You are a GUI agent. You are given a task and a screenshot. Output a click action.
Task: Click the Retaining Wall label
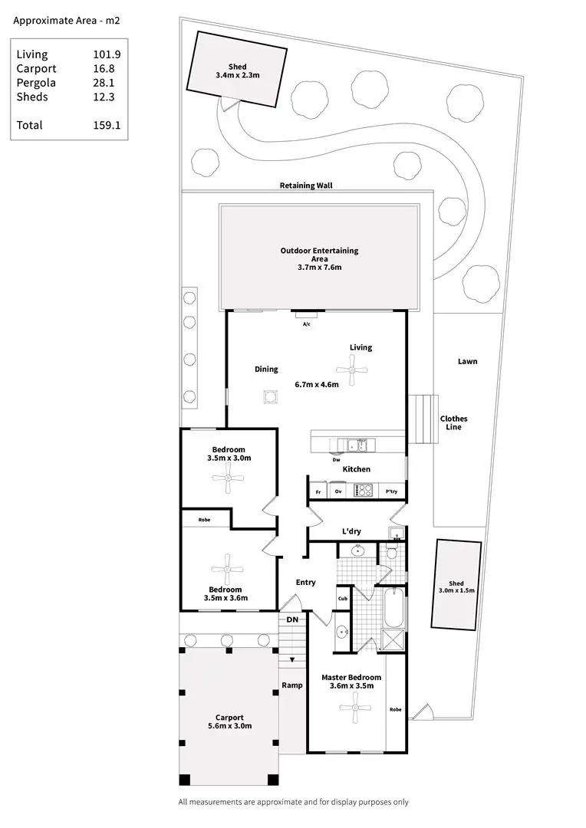[x=306, y=186]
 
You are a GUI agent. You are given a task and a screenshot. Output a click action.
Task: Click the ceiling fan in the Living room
[x=352, y=375]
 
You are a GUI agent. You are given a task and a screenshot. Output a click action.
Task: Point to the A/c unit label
[x=306, y=324]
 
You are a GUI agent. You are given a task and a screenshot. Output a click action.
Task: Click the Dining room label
[x=266, y=370]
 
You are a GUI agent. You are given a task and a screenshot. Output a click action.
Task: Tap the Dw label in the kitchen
[x=336, y=460]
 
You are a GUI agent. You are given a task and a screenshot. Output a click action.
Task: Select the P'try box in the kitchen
[x=391, y=491]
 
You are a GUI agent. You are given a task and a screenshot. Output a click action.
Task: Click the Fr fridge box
[x=318, y=491]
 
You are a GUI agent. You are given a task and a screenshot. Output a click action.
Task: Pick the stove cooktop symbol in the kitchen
[x=363, y=490]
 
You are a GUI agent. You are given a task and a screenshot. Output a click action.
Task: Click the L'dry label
[x=351, y=531]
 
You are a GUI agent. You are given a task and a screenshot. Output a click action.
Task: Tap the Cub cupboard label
[x=342, y=599]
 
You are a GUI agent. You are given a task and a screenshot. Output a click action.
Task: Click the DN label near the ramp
[x=292, y=619]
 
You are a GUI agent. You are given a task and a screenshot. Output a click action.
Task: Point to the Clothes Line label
[x=453, y=422]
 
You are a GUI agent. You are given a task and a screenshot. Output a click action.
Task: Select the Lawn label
[x=467, y=361]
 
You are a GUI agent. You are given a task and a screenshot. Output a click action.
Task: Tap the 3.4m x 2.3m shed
[x=237, y=70]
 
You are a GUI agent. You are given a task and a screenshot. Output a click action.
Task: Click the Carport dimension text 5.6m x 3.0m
[x=229, y=726]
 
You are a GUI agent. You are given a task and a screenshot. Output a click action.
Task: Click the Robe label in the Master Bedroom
[x=396, y=709]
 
